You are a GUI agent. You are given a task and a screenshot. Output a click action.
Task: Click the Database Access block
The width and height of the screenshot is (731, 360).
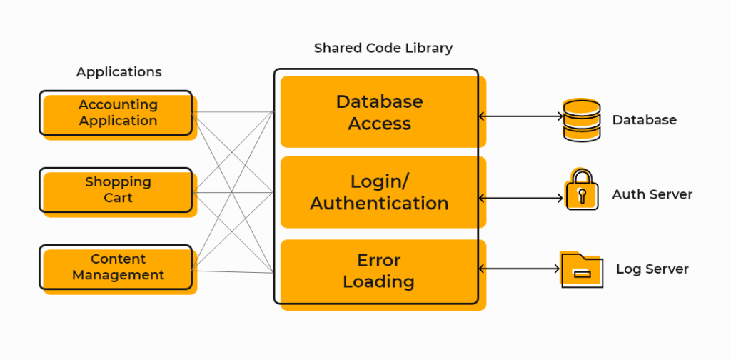click(379, 112)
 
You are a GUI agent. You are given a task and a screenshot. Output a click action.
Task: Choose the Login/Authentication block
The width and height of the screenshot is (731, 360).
click(379, 192)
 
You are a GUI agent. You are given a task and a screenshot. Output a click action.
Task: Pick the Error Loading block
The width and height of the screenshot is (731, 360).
click(379, 271)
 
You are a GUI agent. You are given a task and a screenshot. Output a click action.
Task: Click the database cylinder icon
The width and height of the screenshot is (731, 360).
click(581, 120)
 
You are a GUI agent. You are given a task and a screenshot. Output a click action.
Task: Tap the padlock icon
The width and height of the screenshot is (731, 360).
click(581, 191)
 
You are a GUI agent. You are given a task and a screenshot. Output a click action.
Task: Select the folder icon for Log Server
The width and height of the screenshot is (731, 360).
click(581, 269)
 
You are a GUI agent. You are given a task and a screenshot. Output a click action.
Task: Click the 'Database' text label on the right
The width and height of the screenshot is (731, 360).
click(644, 120)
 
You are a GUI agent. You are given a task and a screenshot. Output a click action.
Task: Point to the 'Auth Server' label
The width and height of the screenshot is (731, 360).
click(652, 194)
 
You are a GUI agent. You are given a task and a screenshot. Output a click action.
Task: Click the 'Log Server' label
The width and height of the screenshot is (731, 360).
click(652, 269)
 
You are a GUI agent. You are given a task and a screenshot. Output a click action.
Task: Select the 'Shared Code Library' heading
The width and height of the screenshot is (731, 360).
click(383, 49)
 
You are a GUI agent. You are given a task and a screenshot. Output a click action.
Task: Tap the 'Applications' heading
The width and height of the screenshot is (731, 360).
click(119, 72)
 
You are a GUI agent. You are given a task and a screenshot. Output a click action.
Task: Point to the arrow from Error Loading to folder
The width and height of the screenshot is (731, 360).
click(518, 269)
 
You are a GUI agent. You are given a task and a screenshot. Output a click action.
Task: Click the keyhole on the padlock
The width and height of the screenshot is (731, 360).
click(582, 195)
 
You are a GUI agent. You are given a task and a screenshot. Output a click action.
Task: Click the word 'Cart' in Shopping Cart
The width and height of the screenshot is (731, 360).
click(118, 198)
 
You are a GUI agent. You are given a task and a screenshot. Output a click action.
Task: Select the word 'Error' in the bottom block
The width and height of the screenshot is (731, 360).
click(378, 261)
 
